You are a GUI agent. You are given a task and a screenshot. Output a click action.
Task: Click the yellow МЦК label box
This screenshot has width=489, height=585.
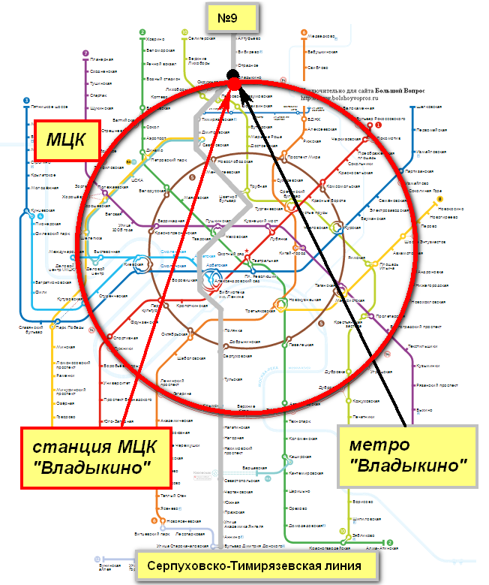(68, 138)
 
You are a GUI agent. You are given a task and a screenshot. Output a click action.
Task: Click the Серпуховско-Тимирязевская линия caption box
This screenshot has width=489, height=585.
(254, 565)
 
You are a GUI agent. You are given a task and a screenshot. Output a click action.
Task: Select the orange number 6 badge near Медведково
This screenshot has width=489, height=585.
(304, 32)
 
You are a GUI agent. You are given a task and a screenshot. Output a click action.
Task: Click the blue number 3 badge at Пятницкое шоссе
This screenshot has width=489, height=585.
(26, 101)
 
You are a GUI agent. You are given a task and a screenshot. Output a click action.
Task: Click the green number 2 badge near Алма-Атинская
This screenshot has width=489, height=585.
(389, 542)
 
